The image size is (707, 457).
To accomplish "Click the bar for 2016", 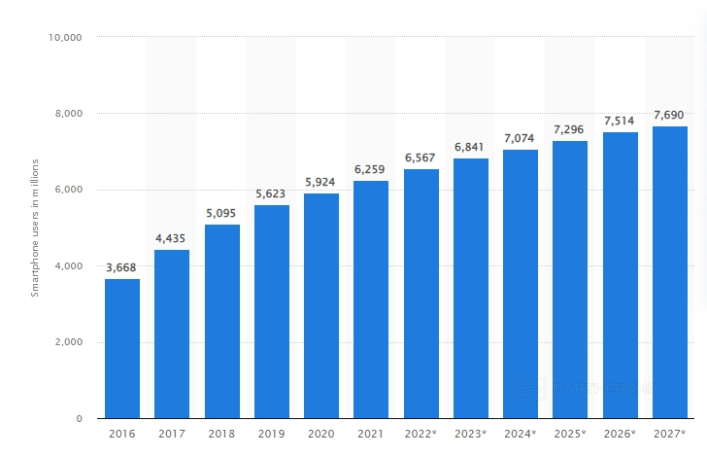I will tap(122, 349).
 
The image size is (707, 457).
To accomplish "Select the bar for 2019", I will tap(272, 312).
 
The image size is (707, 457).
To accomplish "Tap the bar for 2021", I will tap(371, 299).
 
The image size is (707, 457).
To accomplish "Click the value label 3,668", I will tap(122, 267).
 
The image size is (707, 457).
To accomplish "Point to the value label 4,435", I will tap(172, 238).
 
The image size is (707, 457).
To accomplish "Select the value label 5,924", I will tap(321, 181).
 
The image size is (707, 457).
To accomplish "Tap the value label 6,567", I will tap(421, 157).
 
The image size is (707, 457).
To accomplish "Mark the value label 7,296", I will tap(570, 129).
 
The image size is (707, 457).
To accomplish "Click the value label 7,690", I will tap(670, 115).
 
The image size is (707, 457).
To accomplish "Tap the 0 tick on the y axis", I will tap(79, 419).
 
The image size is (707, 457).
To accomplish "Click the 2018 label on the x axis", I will tap(221, 433).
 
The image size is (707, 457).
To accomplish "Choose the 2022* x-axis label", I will tap(421, 433).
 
